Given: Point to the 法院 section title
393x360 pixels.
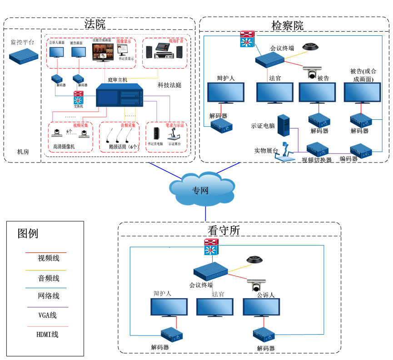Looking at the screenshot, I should point(95,24).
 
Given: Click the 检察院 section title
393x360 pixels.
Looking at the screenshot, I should point(287,25).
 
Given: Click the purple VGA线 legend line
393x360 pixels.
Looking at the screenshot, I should point(47,307).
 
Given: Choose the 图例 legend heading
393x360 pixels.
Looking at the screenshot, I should point(28,234).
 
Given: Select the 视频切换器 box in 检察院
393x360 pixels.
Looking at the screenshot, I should point(318,149).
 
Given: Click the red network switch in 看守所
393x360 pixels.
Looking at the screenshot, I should point(211,248).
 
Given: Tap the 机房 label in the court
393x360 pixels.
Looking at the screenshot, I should point(23,152).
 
